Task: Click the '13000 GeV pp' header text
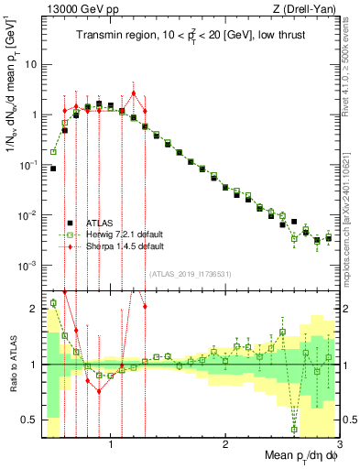(77, 9)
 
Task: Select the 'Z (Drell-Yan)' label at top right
(306, 9)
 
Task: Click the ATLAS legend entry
(101, 223)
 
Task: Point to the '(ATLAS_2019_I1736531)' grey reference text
(191, 273)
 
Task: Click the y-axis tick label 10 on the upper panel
(30, 65)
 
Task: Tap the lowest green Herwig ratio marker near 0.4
(294, 429)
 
